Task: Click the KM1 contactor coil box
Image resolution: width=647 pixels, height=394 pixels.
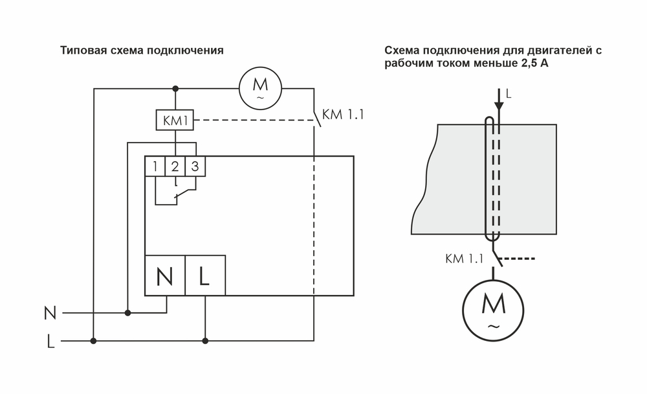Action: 175,120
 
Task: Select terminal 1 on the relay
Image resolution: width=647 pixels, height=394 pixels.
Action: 155,167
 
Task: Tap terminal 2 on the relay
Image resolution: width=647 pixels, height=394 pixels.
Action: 175,167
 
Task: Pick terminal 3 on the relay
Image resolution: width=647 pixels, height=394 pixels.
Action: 195,167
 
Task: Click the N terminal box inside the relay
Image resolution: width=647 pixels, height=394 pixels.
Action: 165,276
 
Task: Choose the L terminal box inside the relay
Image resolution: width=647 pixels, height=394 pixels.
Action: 205,276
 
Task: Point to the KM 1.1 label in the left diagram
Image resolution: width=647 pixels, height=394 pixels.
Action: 343,115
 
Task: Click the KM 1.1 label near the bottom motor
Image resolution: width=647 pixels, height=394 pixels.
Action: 465,259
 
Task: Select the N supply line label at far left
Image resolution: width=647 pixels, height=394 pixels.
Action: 49,313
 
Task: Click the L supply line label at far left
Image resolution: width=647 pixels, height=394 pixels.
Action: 50,342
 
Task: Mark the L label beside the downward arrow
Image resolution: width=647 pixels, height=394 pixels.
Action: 509,94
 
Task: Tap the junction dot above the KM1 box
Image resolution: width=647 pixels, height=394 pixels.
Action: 175,87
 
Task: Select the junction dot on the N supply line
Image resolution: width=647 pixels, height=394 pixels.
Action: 127,313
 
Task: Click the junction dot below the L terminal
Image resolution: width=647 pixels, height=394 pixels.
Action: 205,340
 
